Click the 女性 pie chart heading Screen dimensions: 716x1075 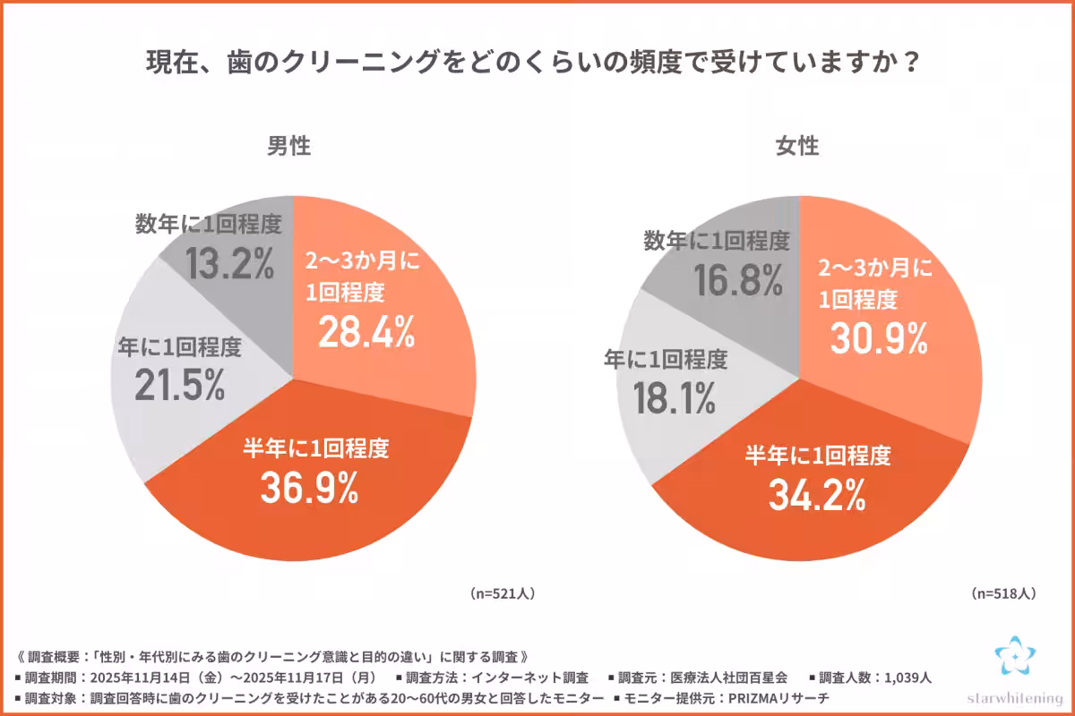[797, 146]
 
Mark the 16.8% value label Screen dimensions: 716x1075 [739, 280]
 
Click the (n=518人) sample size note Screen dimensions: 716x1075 [1003, 592]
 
